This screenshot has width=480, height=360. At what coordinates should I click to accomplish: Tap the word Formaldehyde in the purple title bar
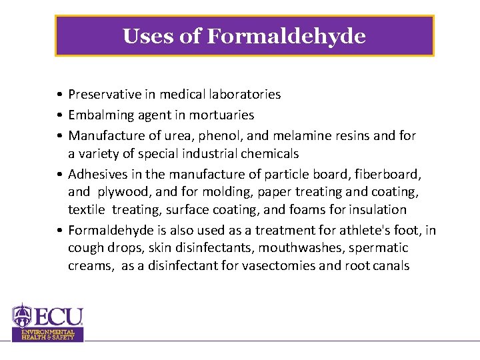tap(286, 35)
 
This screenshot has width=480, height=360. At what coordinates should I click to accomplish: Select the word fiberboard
tap(386, 174)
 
